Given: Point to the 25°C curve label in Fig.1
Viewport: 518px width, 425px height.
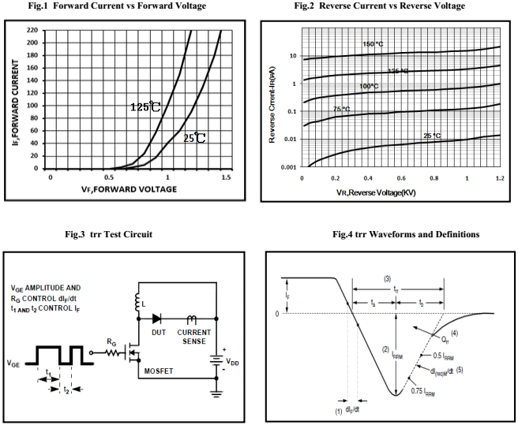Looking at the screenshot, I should pyautogui.click(x=194, y=138).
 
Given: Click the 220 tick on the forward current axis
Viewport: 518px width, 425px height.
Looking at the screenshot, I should pyautogui.click(x=32, y=30).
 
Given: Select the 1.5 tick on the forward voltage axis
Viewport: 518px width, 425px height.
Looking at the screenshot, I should pyautogui.click(x=227, y=178).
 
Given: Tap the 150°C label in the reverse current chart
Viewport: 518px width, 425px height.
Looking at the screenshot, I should pyautogui.click(x=374, y=43).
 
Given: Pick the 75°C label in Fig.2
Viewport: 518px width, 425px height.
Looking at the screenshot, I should pyautogui.click(x=341, y=109).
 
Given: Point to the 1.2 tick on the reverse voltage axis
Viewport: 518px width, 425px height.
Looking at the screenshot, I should pyautogui.click(x=500, y=179).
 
